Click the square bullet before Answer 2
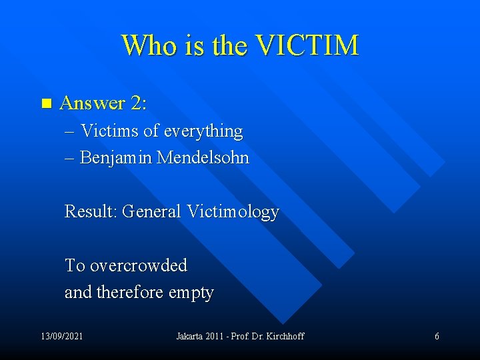[45, 103]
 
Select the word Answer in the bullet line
[92, 103]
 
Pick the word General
[152, 212]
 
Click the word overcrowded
[138, 265]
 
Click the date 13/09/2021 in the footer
[61, 336]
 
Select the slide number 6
[437, 336]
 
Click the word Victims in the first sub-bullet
[109, 131]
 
